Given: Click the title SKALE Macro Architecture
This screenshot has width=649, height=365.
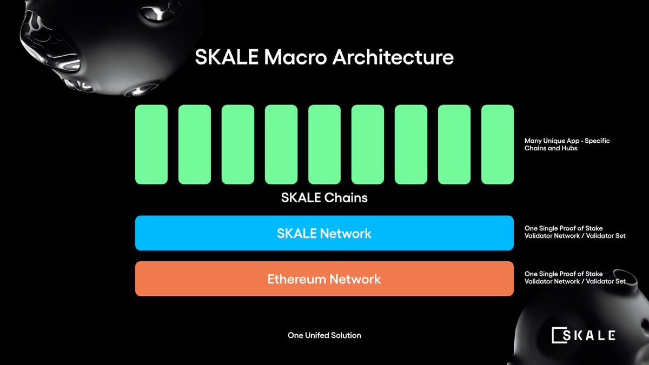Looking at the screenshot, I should pos(324,57).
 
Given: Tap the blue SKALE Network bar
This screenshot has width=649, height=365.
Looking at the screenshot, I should pos(324,233).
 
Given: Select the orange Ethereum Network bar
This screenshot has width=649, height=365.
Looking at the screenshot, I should pos(324,279).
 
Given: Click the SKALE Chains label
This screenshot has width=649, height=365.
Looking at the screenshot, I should pos(324,198).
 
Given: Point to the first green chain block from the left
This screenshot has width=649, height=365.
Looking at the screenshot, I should pos(151,144).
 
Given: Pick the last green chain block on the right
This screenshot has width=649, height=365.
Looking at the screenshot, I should pos(497,144).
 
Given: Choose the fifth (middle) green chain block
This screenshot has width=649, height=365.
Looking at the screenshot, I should pos(325,144).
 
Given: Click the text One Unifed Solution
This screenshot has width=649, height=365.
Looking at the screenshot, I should pos(324,335).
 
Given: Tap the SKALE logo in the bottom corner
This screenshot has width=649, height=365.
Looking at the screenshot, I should pos(583,335).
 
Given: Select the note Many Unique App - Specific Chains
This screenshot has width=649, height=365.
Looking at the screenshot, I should pos(559,144).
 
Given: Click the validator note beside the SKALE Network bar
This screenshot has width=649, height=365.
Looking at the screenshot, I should pos(575,232).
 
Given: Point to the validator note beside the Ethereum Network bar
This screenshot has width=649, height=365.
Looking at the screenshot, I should pos(575,277).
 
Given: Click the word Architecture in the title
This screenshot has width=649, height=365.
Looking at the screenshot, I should pos(393,57).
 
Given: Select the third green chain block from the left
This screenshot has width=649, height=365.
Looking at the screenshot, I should pos(238,144).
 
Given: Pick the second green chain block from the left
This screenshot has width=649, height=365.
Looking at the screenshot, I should pos(195,144).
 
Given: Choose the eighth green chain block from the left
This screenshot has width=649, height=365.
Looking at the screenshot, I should pos(454,144).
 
